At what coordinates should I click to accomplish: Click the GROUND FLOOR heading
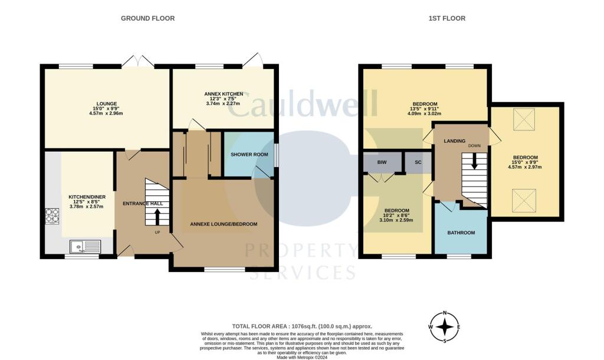147,18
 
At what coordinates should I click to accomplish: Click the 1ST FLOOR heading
447,18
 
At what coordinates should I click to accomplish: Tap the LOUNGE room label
107,104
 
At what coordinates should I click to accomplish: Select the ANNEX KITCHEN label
224,94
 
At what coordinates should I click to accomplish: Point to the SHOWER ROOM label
250,155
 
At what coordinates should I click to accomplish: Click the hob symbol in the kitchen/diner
52,216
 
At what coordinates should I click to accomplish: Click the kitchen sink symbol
85,246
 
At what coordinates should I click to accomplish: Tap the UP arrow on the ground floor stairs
157,217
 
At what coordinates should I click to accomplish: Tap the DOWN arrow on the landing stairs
474,161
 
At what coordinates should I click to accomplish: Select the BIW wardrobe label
382,162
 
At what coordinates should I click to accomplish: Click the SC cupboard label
418,162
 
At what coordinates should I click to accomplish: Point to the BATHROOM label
461,233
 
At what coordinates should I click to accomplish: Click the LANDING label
455,141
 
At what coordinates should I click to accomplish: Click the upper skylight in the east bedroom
524,119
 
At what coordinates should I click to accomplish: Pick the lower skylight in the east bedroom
524,201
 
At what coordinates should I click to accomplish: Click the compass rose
445,327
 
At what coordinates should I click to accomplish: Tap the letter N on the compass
445,313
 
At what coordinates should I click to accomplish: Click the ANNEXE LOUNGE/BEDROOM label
224,224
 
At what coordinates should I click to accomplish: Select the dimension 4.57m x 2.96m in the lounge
106,113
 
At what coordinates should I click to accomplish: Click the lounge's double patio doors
138,61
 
